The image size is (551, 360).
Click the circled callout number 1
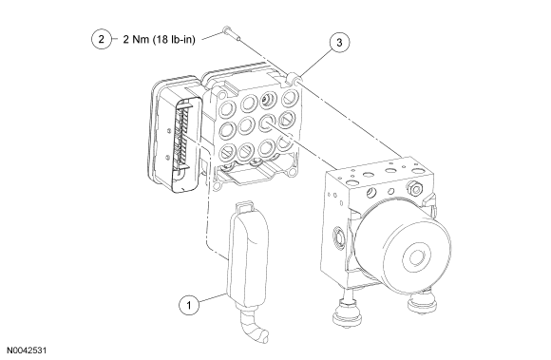coord(189,305)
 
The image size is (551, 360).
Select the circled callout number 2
coord(102,39)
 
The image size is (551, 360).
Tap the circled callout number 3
coord(339,43)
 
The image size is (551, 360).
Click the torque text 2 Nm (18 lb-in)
coord(159,39)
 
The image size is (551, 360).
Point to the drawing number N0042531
coord(27,351)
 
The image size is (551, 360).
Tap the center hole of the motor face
coord(417,256)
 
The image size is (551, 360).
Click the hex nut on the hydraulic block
coord(415,189)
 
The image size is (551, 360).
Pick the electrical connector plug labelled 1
coord(248,254)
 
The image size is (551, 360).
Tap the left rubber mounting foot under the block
coord(347,313)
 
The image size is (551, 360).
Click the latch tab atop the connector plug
coord(244,206)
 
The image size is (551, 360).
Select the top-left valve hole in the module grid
coord(228,108)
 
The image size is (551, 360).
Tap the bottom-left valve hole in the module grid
coord(228,153)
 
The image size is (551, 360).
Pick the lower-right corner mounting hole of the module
coord(292,172)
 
